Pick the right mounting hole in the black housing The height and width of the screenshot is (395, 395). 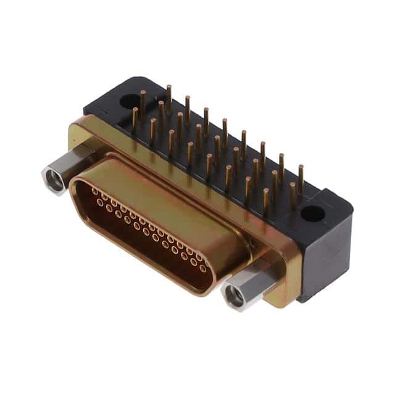(x=312, y=214)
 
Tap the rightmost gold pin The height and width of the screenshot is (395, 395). (x=301, y=179)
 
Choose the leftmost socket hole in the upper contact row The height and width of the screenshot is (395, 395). (x=95, y=191)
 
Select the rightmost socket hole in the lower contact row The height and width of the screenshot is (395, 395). (x=202, y=268)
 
